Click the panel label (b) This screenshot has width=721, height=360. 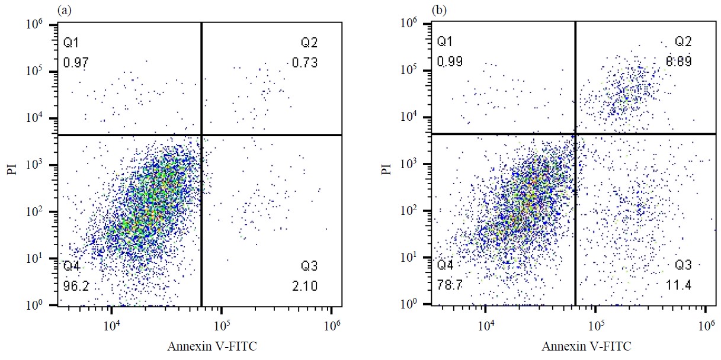tap(440, 9)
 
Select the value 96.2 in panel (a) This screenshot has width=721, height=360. tap(73, 287)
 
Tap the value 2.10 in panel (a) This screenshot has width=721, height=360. tap(305, 287)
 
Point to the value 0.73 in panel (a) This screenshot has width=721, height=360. tap(305, 63)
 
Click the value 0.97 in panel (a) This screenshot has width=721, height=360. tap(73, 63)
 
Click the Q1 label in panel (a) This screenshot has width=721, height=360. tap(70, 43)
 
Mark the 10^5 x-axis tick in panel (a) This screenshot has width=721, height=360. tap(221, 324)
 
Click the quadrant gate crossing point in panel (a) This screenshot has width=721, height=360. tap(202, 135)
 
